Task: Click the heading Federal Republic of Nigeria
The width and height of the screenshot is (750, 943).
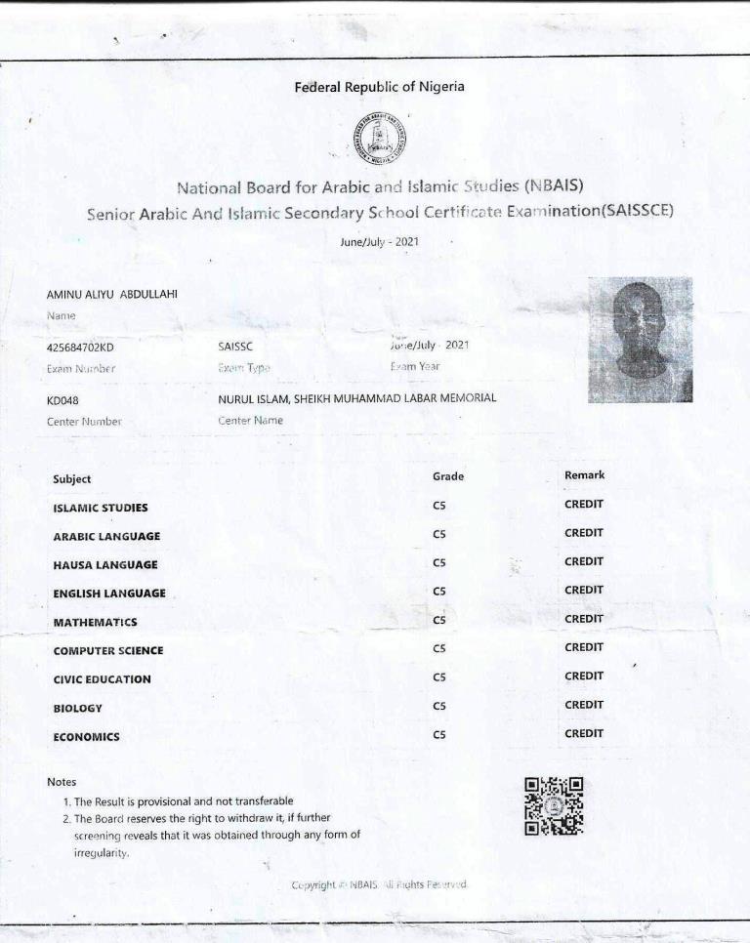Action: [x=379, y=87]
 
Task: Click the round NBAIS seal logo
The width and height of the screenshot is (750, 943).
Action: [x=381, y=139]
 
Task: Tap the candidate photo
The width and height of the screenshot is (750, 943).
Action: [x=640, y=339]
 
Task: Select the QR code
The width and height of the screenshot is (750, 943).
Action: [x=554, y=805]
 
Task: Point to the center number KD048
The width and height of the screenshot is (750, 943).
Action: [x=65, y=398]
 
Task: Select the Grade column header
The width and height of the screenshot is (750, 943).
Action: [x=447, y=476]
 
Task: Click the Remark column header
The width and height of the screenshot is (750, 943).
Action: [x=584, y=475]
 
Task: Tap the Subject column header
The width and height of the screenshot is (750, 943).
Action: [x=71, y=479]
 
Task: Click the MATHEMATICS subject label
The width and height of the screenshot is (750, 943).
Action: [x=95, y=623]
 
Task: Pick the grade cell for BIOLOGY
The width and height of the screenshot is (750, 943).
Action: [x=439, y=705]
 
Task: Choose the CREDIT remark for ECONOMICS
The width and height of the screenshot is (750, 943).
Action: [x=584, y=733]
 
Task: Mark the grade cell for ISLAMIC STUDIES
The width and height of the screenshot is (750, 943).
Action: [x=439, y=505]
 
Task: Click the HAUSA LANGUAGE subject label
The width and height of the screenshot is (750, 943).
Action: [x=104, y=565]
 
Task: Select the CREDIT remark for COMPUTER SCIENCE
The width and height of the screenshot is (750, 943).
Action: [x=584, y=647]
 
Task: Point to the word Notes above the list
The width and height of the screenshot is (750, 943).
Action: [x=61, y=782]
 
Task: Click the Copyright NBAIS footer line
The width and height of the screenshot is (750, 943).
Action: [x=381, y=885]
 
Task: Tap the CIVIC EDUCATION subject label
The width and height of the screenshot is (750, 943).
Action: [x=102, y=679]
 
